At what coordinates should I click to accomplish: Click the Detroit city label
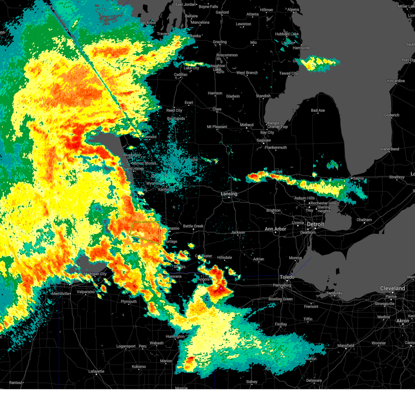(x=315, y=224)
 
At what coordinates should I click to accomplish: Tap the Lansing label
(x=229, y=194)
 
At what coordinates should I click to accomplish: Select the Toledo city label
(x=287, y=277)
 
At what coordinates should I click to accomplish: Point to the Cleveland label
(x=393, y=288)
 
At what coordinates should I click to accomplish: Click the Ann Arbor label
(x=275, y=229)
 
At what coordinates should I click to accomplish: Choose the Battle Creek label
(x=193, y=226)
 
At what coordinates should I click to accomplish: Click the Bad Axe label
(x=318, y=110)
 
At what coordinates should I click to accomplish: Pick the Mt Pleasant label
(x=217, y=127)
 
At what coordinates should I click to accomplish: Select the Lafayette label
(x=96, y=371)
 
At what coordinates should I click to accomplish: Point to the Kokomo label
(x=139, y=367)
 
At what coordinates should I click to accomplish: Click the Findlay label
(x=281, y=324)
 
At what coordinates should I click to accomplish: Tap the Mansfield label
(x=346, y=345)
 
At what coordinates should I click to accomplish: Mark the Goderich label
(x=391, y=115)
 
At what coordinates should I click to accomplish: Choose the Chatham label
(x=364, y=220)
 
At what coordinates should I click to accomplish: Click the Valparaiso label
(x=85, y=292)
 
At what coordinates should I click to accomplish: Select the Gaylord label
(x=222, y=12)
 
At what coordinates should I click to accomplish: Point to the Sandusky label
(x=334, y=293)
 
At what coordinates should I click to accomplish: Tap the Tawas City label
(x=288, y=73)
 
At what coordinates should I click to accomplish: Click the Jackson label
(x=238, y=232)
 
